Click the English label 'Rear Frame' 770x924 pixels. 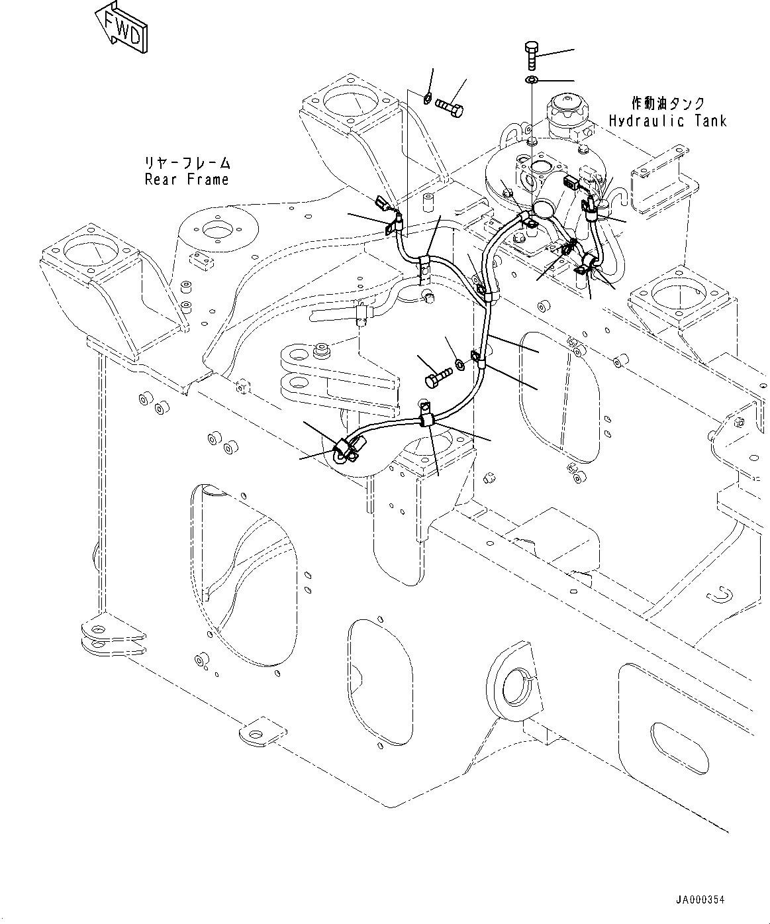[187, 180]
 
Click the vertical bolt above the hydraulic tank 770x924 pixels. [532, 56]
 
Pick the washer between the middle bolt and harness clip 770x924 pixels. [458, 364]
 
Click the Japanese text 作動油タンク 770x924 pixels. [667, 103]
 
